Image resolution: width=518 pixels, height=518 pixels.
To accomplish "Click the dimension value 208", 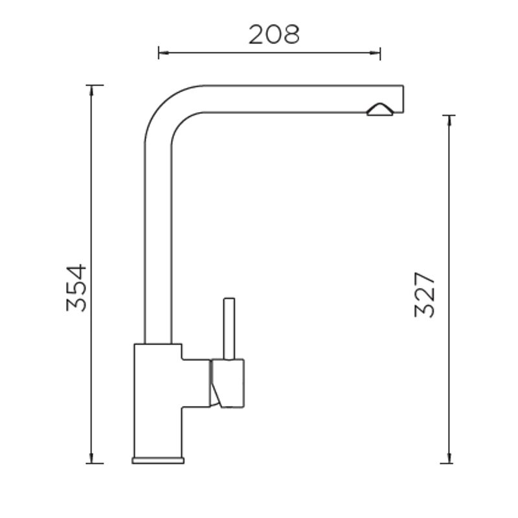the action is coord(274,34).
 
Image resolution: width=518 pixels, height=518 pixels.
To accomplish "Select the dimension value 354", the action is coord(76,287).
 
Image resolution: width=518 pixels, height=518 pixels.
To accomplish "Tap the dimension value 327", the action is coord(425,295).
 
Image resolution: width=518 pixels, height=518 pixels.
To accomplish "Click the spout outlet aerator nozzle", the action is coord(380,109).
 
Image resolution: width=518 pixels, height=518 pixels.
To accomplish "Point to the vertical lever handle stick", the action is coord(229,329).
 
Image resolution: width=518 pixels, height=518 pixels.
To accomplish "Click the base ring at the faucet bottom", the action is coord(158,460).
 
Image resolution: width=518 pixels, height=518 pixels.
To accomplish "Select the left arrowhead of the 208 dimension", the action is coord(164,52).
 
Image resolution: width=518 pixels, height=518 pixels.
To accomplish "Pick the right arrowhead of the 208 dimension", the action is coord(375,52).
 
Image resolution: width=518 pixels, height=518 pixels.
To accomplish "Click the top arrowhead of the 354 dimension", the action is coord(91,91).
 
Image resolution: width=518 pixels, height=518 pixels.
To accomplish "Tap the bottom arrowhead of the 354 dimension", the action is coord(91,458).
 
